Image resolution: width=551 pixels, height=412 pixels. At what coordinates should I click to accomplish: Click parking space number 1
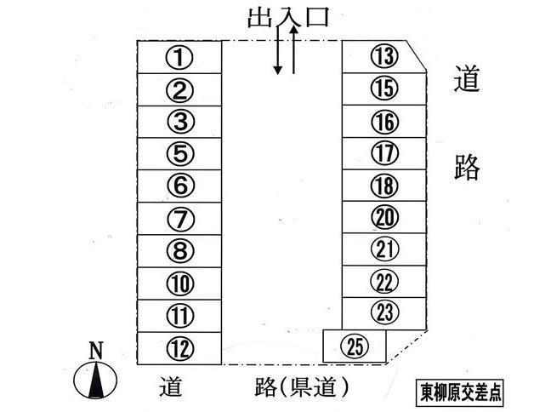179,58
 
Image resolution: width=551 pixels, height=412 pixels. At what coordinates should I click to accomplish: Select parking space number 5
179,154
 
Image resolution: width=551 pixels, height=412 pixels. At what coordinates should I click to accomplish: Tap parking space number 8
179,251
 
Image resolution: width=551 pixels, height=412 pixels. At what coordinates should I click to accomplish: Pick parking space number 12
179,348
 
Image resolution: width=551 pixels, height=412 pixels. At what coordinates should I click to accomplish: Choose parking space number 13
384,57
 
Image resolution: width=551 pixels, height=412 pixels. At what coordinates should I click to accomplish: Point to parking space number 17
384,154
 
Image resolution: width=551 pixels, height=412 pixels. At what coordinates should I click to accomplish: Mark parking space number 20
384,217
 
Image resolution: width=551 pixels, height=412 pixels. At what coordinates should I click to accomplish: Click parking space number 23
384,312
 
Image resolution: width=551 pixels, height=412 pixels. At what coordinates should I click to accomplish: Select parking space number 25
356,346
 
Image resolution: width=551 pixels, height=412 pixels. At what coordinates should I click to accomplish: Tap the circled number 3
179,122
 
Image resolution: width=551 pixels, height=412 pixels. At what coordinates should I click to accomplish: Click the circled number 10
179,283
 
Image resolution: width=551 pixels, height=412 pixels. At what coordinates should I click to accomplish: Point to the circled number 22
384,280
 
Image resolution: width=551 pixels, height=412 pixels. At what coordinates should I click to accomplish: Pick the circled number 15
384,88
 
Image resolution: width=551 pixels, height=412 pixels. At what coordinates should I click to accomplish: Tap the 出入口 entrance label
287,17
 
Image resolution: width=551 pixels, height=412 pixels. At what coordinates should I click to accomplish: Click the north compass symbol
96,380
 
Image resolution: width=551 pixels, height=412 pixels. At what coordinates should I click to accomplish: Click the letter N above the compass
96,349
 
